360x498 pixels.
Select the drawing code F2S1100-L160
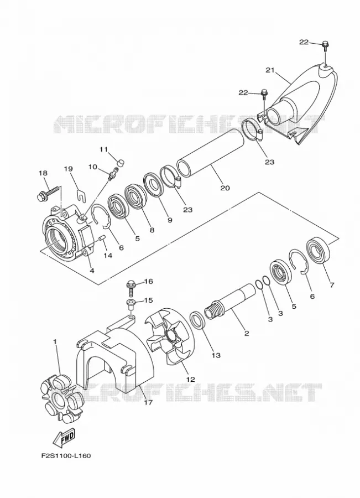66,456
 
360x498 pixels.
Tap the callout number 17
148,402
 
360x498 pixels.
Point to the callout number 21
270,70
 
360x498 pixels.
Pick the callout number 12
190,379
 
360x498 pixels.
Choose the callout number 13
216,355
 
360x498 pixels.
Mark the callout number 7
332,285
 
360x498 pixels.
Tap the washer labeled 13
198,321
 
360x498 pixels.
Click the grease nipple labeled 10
113,174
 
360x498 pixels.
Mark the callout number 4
92,271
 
